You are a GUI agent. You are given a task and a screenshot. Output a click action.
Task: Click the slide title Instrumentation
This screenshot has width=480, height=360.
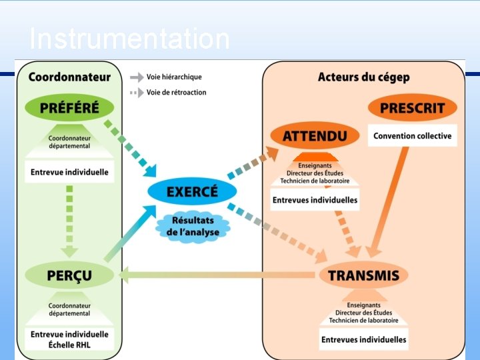129,39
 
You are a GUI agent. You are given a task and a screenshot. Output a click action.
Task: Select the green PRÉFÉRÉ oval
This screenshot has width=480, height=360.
69,107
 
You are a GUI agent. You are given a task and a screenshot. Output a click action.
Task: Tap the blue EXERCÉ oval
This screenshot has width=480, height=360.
192,192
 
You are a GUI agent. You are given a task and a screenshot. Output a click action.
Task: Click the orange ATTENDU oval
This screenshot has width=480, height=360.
315,136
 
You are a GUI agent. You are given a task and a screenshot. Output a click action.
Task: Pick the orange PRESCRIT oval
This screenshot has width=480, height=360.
413,107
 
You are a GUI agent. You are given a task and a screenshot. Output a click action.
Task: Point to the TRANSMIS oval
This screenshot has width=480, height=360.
363,275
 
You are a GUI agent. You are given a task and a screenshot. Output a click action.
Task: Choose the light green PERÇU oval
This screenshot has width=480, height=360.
69,275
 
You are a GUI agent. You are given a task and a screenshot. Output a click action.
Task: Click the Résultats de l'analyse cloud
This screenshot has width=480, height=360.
192,226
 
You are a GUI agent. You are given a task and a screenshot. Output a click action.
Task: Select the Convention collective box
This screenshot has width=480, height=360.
412,136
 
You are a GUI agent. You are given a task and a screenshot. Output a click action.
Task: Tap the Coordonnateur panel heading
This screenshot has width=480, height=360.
69,77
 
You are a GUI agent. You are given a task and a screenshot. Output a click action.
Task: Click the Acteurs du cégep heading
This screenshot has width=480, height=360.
363,77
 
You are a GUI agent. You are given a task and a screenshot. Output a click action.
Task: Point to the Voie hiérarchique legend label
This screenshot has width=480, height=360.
174,77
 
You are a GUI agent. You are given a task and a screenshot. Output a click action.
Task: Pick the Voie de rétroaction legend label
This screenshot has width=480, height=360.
177,92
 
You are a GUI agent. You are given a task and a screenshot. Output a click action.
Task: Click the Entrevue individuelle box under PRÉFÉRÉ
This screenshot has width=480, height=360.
69,172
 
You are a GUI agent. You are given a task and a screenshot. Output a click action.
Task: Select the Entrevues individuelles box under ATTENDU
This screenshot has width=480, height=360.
315,200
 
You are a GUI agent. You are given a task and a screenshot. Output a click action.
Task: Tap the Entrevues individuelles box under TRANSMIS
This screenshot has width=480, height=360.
363,339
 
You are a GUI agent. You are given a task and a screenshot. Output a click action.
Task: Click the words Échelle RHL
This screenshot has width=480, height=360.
69,345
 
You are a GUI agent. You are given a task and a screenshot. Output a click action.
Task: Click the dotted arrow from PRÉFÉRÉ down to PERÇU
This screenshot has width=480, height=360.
69,220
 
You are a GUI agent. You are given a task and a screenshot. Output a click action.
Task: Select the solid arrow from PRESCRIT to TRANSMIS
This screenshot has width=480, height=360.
389,200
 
